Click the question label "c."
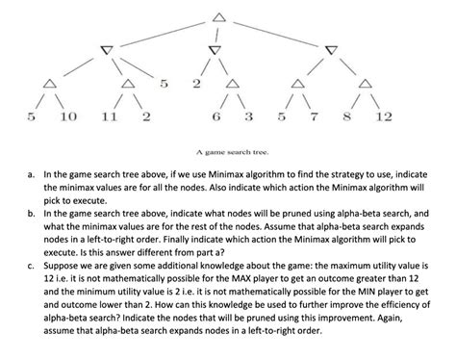coord(31,282)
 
